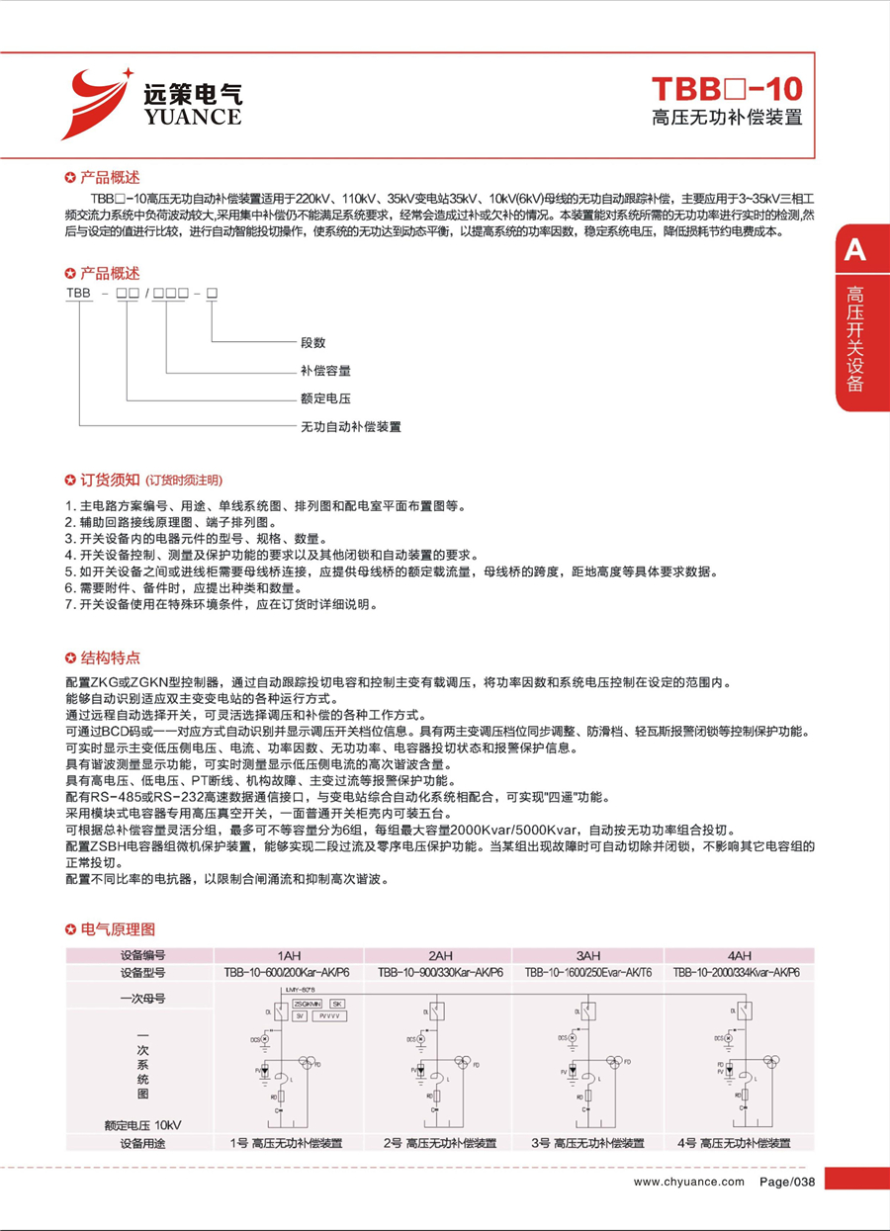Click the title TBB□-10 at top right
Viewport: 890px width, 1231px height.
click(727, 89)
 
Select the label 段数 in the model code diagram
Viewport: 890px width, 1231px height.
click(313, 342)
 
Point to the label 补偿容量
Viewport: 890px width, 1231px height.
click(325, 371)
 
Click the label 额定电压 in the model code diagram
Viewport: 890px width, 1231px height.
click(325, 398)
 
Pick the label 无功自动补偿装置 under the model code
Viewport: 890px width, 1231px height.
click(351, 427)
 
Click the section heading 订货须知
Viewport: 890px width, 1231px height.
click(111, 481)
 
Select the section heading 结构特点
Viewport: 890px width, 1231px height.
click(110, 658)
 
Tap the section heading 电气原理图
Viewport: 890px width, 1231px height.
click(117, 929)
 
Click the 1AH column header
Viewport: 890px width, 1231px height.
click(289, 956)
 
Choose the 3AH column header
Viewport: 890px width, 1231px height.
click(588, 956)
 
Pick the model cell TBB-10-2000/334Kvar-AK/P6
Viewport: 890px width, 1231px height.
click(737, 972)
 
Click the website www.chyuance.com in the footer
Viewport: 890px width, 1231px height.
click(688, 1182)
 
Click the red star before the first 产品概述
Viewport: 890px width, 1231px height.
click(69, 179)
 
